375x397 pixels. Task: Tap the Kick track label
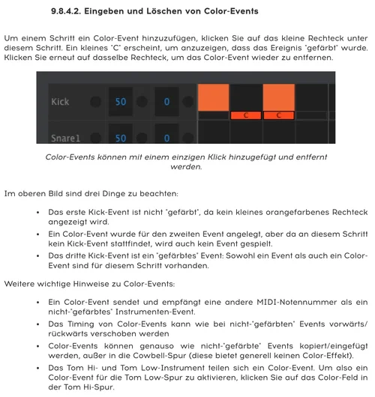click(61, 101)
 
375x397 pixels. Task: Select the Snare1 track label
click(64, 137)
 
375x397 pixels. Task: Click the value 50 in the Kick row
click(120, 101)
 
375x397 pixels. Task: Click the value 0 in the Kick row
click(166, 101)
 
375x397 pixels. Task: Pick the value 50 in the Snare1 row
click(120, 137)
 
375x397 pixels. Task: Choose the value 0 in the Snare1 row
click(166, 137)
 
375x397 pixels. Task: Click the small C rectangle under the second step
click(245, 115)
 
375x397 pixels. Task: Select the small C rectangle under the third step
click(278, 115)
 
